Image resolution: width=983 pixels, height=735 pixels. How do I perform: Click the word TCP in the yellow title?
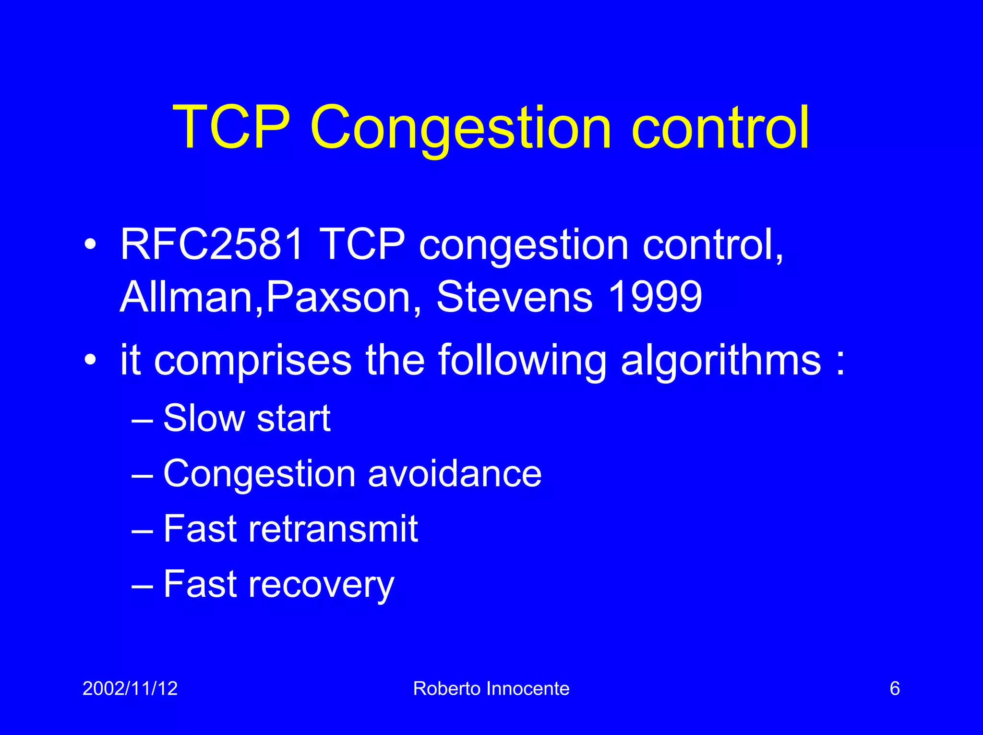point(232,128)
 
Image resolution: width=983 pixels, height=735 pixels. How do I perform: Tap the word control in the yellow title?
point(720,128)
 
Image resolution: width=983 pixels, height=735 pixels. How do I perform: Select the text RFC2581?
point(212,244)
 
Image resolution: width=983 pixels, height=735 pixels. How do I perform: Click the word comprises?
point(253,361)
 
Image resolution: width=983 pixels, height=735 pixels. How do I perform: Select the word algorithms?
point(721,361)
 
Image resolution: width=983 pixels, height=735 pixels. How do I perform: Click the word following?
point(523,361)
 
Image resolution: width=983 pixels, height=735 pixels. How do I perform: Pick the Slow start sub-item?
point(247,418)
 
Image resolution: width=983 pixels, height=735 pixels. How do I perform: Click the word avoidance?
point(455,474)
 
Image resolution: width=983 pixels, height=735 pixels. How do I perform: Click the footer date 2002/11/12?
point(130,688)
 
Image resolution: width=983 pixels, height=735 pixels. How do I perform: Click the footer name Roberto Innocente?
point(491,688)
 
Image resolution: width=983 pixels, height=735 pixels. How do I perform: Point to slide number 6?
point(894,688)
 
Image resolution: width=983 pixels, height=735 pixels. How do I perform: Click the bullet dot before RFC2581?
point(90,245)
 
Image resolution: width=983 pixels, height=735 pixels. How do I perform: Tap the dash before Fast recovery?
point(142,586)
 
